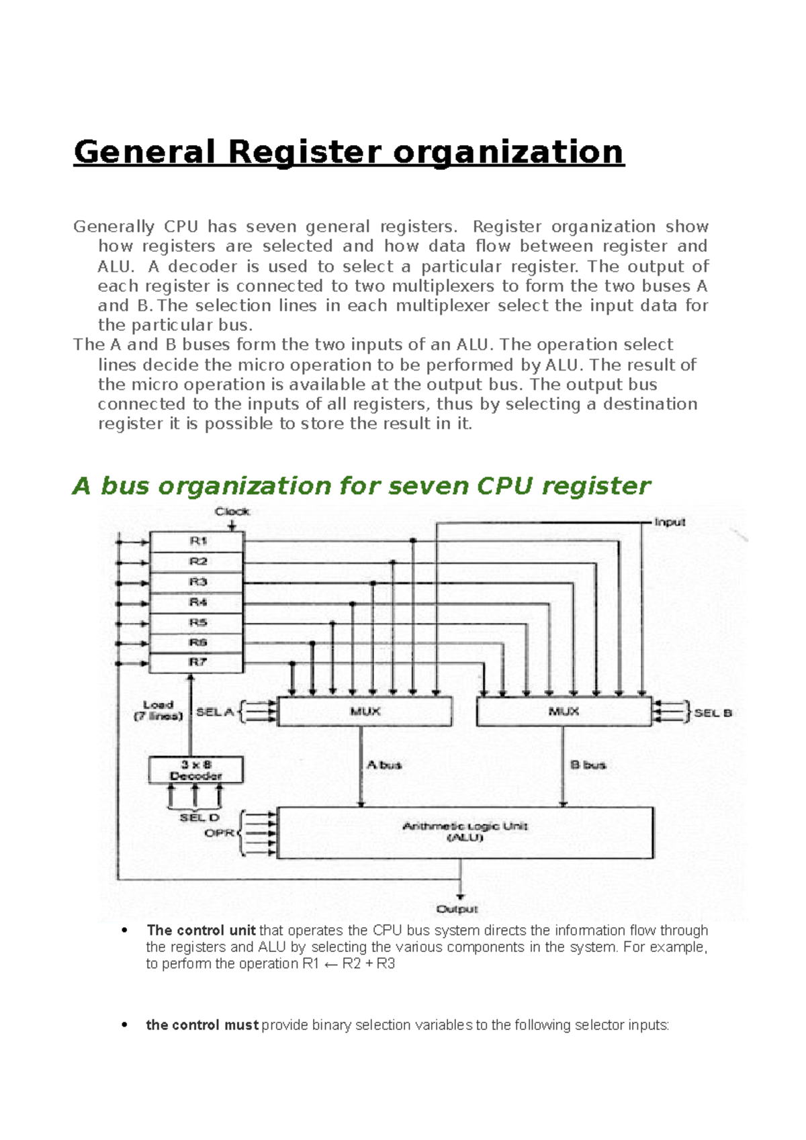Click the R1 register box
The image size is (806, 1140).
tap(196, 541)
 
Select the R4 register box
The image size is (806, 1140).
tap(196, 602)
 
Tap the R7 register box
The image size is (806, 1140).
tap(196, 663)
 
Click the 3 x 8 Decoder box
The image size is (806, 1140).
tap(195, 770)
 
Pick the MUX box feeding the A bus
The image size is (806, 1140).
tap(365, 711)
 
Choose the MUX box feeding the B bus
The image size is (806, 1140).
tap(564, 711)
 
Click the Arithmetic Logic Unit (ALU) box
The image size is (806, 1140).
tap(465, 833)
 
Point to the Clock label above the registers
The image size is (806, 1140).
tap(232, 512)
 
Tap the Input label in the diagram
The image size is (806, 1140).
tap(670, 522)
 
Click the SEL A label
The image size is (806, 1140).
tap(214, 712)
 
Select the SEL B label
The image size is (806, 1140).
tap(713, 713)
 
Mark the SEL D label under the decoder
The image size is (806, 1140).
tap(199, 818)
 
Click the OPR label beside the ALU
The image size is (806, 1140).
tap(219, 833)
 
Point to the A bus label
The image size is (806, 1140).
tap(384, 765)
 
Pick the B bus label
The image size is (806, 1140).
tap(588, 765)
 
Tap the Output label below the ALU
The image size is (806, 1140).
tap(457, 909)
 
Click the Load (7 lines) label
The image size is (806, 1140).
tap(159, 710)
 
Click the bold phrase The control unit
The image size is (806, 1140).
tap(201, 931)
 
